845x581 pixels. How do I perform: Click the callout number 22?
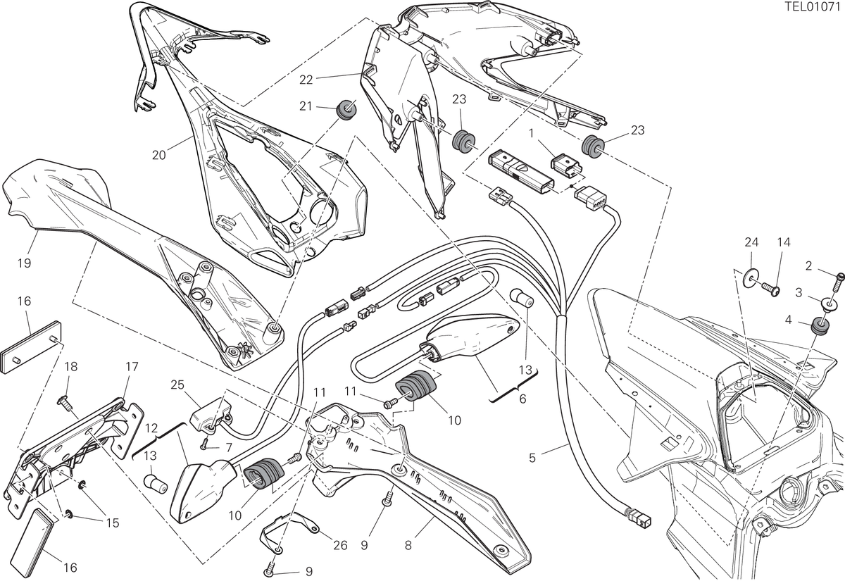point(306,80)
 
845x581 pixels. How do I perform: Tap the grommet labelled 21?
point(346,109)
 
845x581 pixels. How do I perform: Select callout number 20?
point(159,155)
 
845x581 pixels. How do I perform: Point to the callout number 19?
point(25,263)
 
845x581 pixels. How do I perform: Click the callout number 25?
point(177,385)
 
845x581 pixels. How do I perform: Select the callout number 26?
point(341,545)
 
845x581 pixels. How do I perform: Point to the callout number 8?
point(408,545)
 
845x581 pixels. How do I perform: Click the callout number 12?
point(151,428)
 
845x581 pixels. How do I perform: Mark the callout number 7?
point(229,448)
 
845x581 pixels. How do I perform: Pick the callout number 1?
point(531,134)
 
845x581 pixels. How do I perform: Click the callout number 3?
point(799,292)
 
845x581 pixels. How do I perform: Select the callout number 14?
point(784,242)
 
